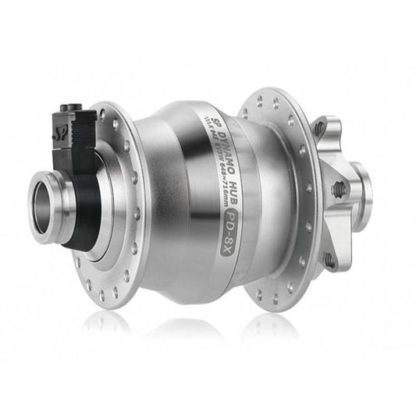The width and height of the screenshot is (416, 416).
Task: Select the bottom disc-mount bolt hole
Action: tap(329, 258)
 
